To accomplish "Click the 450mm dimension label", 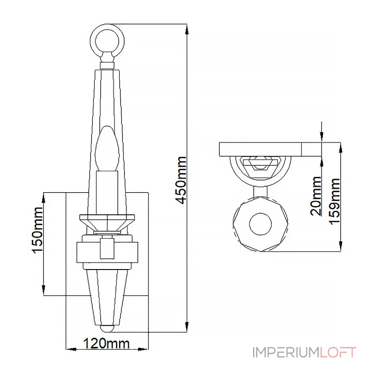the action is tap(180, 180).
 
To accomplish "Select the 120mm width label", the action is tap(106, 344).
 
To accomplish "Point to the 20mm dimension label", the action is tap(315, 196).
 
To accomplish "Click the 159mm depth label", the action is tap(334, 202).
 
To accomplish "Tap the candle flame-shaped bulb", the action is tap(107, 149).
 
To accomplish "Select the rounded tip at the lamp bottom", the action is tap(107, 329).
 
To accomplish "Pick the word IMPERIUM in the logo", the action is tap(286, 352).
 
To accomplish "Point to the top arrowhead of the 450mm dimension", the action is tap(187, 30).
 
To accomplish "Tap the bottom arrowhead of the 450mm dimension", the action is tap(187, 326).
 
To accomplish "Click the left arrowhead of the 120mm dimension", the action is tap(71, 349).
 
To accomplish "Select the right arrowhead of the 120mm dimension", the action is tap(143, 349).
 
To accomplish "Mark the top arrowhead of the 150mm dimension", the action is tap(44, 198).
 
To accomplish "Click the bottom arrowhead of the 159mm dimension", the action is tap(340, 246).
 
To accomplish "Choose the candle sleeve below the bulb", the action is tap(107, 193).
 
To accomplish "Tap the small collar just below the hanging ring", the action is tap(107, 66).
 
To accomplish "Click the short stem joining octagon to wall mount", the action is tap(261, 192).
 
